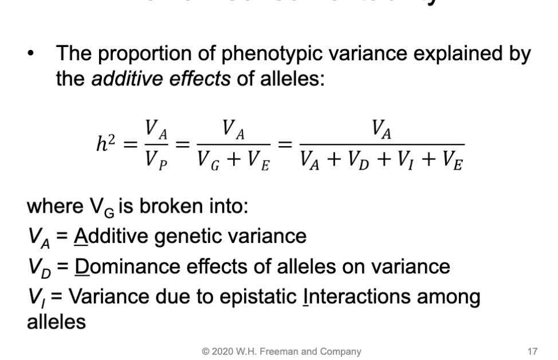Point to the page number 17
[x=533, y=351]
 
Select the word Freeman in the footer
[x=277, y=351]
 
